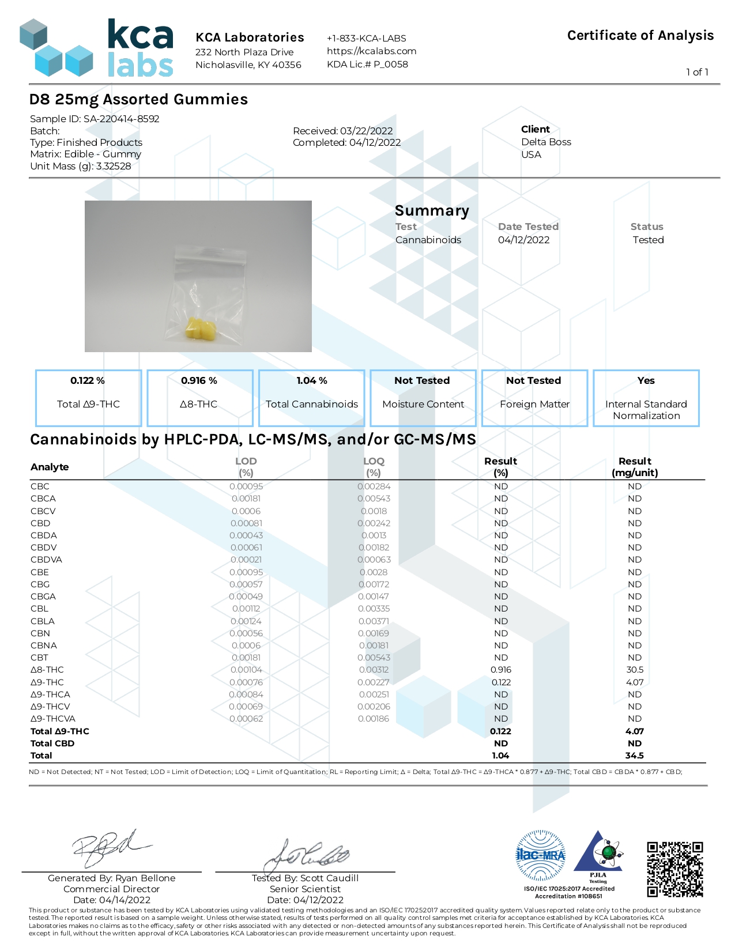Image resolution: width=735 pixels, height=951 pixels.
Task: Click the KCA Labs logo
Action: [x=96, y=48]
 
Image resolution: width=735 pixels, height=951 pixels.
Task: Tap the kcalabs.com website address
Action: [x=371, y=51]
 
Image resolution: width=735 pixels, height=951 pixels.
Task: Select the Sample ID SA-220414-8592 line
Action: [x=95, y=119]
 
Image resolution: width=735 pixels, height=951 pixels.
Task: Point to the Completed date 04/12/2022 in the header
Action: [x=346, y=142]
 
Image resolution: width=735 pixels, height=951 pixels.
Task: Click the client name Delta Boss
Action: [x=546, y=142]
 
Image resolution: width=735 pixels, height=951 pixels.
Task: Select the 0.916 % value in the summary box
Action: [x=199, y=380]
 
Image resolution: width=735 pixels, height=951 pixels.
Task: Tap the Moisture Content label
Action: [x=423, y=404]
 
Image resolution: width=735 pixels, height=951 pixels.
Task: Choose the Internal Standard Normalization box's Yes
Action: [x=646, y=380]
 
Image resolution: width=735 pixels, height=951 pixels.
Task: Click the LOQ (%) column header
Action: [x=374, y=467]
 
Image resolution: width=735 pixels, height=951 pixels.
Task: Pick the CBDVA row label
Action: [x=46, y=560]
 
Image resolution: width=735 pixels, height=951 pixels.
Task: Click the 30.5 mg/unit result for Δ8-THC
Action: [x=635, y=670]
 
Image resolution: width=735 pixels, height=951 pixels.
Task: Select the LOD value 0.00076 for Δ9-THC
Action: [x=246, y=682]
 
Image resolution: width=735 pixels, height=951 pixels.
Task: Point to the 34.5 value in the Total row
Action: [x=634, y=756]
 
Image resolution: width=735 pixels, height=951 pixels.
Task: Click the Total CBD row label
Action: [x=52, y=744]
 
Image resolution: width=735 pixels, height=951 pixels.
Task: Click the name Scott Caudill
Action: [x=329, y=878]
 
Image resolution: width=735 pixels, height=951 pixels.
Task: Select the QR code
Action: [x=674, y=869]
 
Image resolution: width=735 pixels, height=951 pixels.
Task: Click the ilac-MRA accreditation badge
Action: [x=540, y=855]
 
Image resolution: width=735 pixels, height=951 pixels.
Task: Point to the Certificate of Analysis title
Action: [x=640, y=36]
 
